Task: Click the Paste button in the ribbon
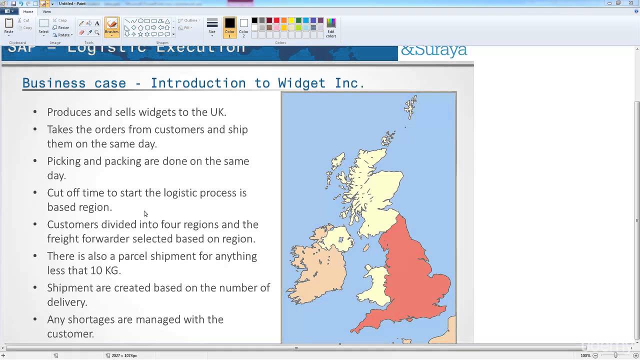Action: click(x=9, y=26)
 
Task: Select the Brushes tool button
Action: click(x=112, y=26)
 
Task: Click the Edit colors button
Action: click(x=331, y=27)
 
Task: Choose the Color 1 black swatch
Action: click(x=229, y=26)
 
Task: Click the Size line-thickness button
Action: click(x=212, y=26)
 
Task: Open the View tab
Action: click(x=46, y=11)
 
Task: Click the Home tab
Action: click(x=28, y=11)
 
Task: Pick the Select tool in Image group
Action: click(x=44, y=26)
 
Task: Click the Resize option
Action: click(x=61, y=28)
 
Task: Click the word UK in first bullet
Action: click(x=217, y=112)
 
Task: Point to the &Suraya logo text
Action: click(x=433, y=50)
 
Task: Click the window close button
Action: click(x=631, y=3)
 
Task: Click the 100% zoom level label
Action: click(x=585, y=355)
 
